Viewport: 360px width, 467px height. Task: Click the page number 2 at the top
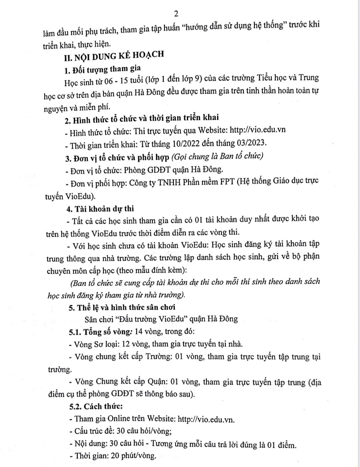point(176,13)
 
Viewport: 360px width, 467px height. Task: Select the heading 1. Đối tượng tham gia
point(102,69)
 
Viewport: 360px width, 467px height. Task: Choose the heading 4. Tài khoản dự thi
point(100,209)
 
